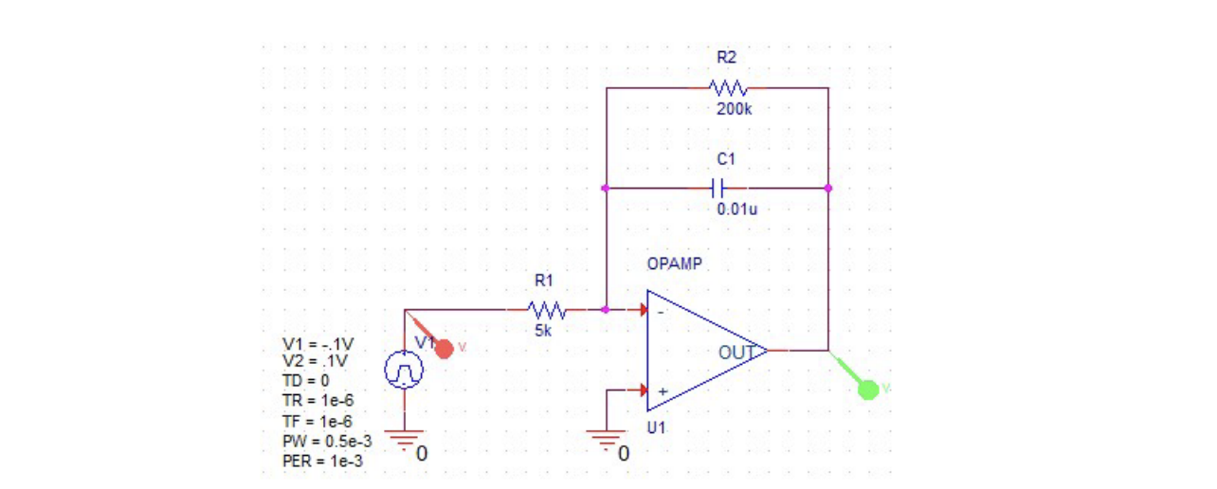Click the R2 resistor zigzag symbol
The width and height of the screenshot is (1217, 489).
click(x=728, y=88)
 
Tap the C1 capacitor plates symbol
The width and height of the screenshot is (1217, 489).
click(x=721, y=188)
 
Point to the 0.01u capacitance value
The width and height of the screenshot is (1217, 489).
click(x=736, y=208)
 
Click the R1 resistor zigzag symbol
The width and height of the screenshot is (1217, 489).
click(x=547, y=310)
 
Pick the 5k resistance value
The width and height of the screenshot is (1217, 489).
click(x=542, y=330)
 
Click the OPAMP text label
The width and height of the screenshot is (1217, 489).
click(x=674, y=263)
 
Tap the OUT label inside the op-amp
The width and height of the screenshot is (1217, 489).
click(x=736, y=353)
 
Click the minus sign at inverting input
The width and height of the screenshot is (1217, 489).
click(x=663, y=312)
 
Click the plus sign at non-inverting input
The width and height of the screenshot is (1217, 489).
click(x=663, y=390)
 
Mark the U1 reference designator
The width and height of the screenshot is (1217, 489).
click(x=657, y=427)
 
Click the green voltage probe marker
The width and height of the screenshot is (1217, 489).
click(x=867, y=388)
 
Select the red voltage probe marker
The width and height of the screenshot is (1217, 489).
click(x=443, y=348)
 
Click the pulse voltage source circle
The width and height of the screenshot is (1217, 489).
click(x=405, y=371)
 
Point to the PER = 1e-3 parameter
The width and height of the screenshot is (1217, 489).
click(x=322, y=462)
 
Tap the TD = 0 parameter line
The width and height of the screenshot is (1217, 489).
click(x=305, y=381)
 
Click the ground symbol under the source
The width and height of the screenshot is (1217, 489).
click(x=405, y=439)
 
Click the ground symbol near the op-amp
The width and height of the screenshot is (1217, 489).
click(x=605, y=439)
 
